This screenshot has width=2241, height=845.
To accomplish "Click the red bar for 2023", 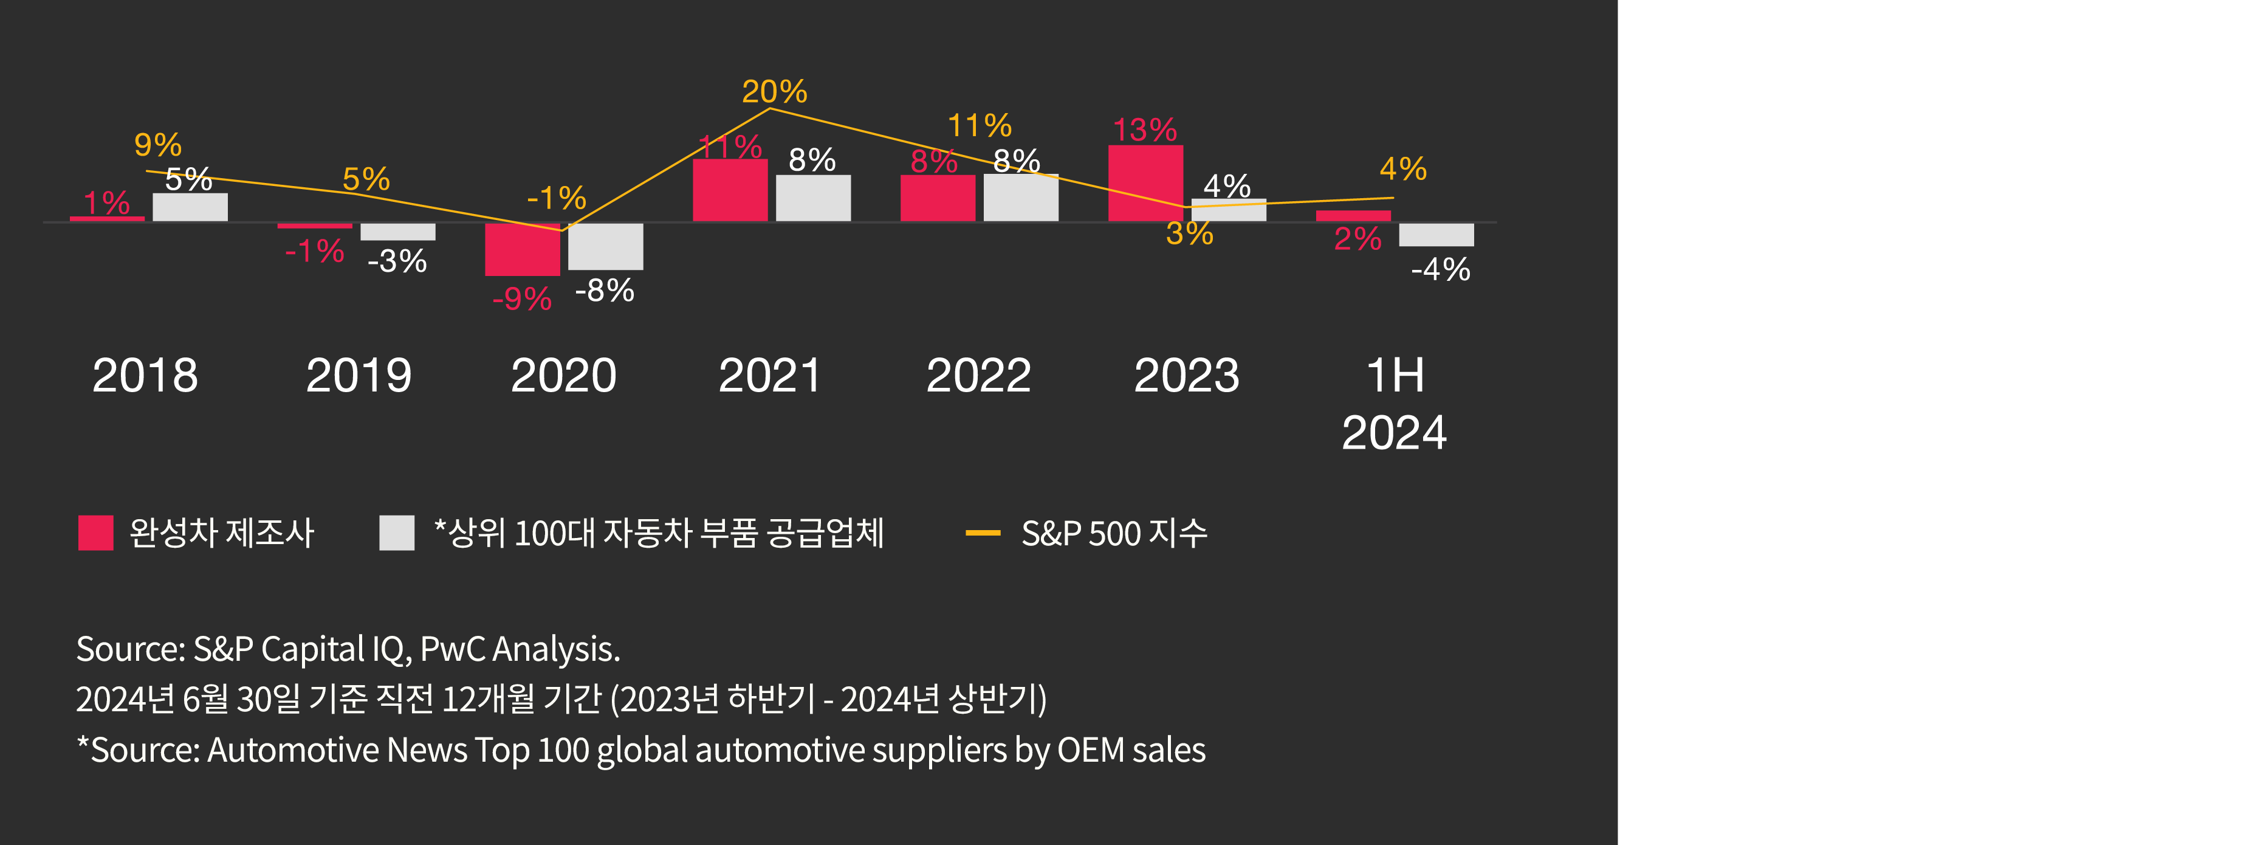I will point(1145,184).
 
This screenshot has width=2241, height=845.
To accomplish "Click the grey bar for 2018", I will point(190,207).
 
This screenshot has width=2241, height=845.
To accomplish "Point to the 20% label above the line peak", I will point(774,91).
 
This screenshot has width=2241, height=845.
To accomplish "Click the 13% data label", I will point(1145,129).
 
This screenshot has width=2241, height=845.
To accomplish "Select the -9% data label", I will point(522,298).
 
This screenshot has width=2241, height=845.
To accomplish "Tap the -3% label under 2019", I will point(397,260).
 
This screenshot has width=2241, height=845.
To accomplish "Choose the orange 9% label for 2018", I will point(157,145).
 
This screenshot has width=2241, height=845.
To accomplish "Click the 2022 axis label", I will point(978,375).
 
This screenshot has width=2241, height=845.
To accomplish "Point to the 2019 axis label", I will point(359,375).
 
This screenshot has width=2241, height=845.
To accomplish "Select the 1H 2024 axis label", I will point(1394,404).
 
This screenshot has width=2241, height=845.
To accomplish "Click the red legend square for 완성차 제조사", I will point(95,533).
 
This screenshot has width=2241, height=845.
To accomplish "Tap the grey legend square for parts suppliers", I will point(397,533).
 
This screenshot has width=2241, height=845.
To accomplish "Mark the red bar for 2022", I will point(937,198).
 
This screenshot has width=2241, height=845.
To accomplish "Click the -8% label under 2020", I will point(605,290).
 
